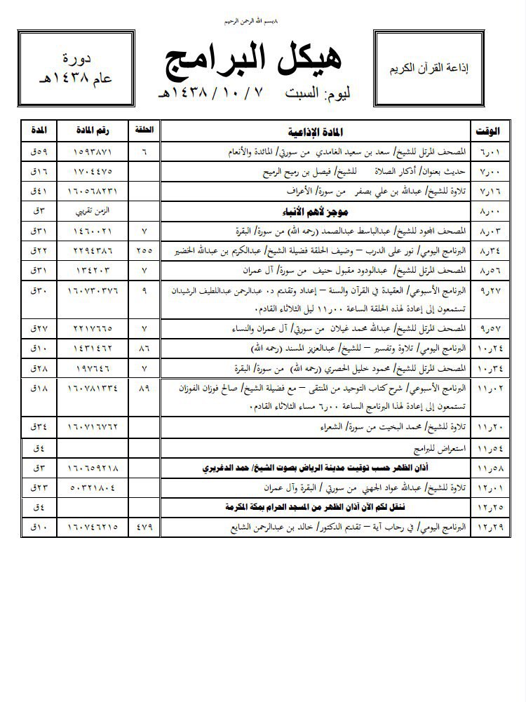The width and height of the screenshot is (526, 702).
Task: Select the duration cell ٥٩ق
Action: [x=36, y=152]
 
